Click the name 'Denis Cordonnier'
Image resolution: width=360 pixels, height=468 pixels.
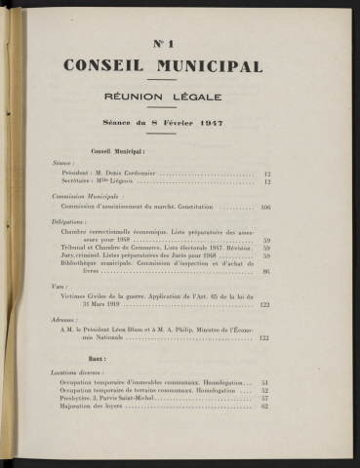pyautogui.click(x=128, y=175)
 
